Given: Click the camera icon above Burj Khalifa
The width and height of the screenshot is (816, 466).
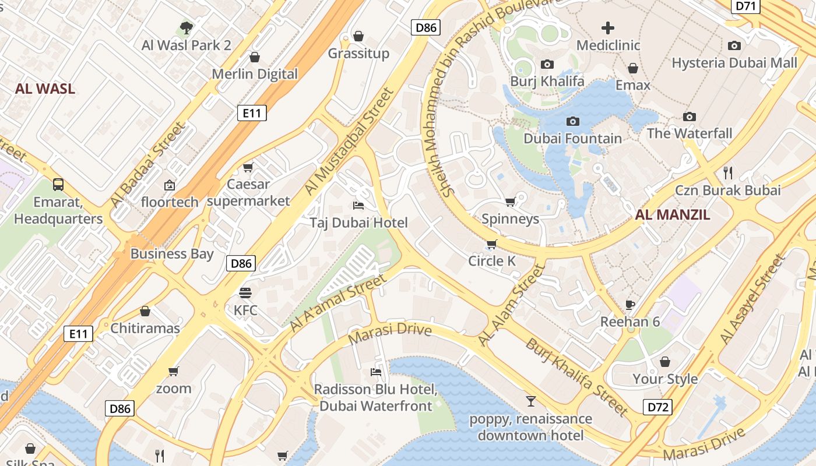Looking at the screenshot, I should pos(547,64).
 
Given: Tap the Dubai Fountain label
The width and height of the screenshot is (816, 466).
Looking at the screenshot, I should pos(572,139).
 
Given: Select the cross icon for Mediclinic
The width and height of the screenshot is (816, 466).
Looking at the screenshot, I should pos(608,28).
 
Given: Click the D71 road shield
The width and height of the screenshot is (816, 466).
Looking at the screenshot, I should pos(745,6).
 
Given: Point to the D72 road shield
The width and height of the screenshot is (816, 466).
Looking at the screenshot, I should pos(657,407).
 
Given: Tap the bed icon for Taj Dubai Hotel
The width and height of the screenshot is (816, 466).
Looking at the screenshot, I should pos(358,206).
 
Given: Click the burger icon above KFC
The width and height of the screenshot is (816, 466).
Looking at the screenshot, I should pos(245,292).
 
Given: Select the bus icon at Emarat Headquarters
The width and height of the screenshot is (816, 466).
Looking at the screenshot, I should pos(58,185).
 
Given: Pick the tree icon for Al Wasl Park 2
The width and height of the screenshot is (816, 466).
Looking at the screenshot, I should pos(186,27).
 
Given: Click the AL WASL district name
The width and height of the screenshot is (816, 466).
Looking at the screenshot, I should pos(45,89).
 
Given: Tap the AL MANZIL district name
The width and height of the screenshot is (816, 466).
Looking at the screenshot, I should pos(673,214).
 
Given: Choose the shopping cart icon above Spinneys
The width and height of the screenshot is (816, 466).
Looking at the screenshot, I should pos(510,202).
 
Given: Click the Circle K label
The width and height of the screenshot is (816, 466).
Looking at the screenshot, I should pos(492,261).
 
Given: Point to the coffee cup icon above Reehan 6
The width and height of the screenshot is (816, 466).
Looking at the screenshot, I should pos(629,304).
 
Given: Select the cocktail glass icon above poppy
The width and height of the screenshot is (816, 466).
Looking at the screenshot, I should pos(530,401).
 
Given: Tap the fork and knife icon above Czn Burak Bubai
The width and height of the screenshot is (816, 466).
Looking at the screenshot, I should pos(727,172).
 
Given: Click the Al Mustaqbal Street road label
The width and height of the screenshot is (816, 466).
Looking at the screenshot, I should pos(350,142).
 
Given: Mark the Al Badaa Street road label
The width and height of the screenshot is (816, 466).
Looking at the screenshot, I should pos(148,164).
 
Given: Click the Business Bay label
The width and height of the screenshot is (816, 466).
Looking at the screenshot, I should pos(171,253).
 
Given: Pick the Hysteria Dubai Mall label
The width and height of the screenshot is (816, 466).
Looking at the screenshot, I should pos(734,63).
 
